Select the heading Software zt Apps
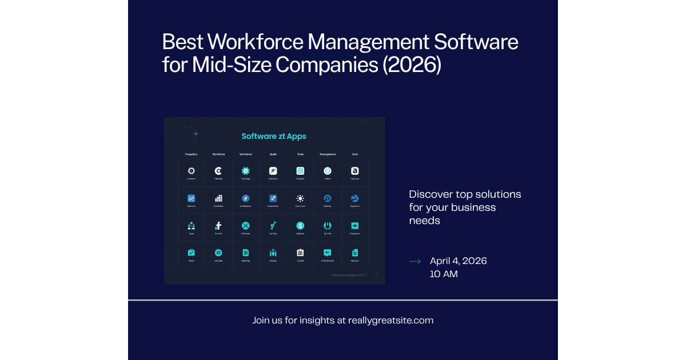[x=274, y=136]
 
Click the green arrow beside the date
[x=415, y=261]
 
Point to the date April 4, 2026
[x=458, y=261]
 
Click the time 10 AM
[x=444, y=274]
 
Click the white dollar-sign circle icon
[x=300, y=226]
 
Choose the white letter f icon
[x=218, y=226]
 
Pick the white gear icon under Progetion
[x=191, y=170]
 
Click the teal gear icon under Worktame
[x=245, y=170]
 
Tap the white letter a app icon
[x=354, y=170]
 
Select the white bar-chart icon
[x=218, y=198]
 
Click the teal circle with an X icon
[x=245, y=226]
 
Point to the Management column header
[x=328, y=154]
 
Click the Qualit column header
[x=273, y=154]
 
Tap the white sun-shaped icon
[x=300, y=198]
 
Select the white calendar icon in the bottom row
[x=300, y=253]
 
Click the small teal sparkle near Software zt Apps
[x=196, y=134]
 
